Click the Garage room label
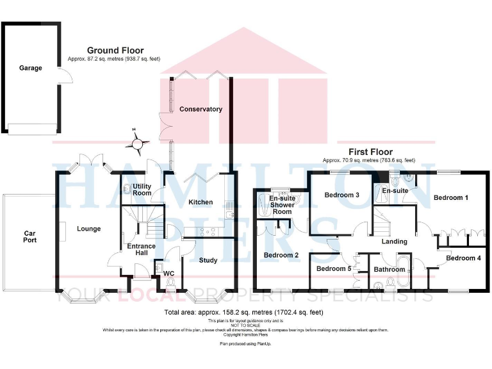click(x=31, y=68)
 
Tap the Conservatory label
click(x=201, y=109)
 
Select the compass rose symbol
click(x=136, y=143)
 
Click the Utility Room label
click(x=142, y=189)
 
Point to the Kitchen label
click(x=201, y=202)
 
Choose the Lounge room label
click(x=89, y=228)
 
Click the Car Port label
click(x=30, y=237)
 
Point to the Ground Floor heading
click(x=115, y=51)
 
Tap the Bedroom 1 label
click(x=451, y=198)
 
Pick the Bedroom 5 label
click(x=334, y=268)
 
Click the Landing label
click(x=394, y=242)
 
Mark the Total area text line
click(x=244, y=313)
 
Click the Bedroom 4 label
click(x=464, y=258)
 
